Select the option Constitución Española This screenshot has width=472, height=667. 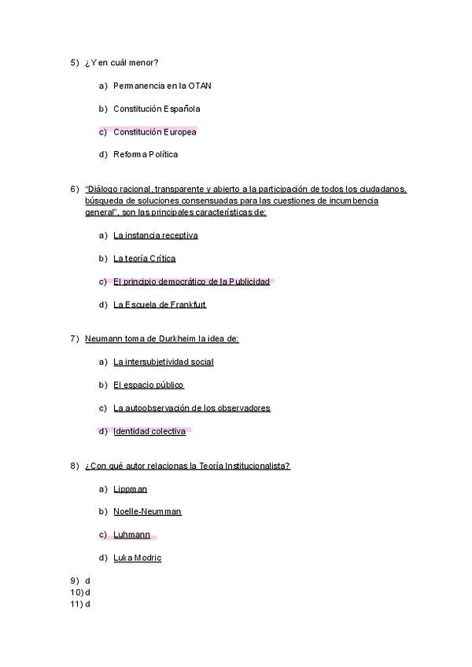(157, 109)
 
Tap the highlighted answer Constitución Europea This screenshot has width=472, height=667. (154, 131)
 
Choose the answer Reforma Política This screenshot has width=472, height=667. (146, 154)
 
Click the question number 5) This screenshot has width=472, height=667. (75, 62)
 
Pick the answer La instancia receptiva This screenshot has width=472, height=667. (156, 235)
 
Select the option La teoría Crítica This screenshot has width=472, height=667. (145, 258)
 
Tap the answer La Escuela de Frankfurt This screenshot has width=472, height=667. (160, 304)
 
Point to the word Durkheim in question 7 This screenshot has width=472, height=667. (179, 339)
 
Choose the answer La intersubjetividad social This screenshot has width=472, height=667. (164, 362)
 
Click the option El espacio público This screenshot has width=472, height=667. (149, 385)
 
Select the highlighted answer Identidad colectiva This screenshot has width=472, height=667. (149, 431)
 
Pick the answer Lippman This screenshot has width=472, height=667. (130, 488)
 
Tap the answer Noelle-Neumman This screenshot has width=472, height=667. (147, 511)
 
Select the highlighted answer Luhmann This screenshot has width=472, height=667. (131, 535)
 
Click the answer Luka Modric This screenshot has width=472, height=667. (138, 558)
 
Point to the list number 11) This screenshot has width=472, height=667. (76, 603)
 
